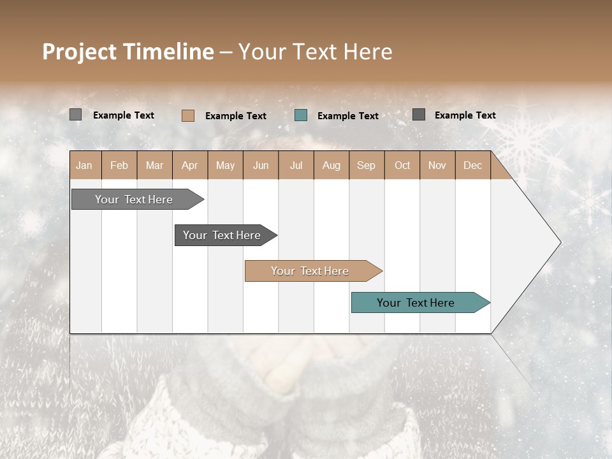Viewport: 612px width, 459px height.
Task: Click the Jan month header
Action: coord(84,165)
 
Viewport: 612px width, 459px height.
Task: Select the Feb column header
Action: coord(119,165)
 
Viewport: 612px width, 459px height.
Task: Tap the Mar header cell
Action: coord(154,165)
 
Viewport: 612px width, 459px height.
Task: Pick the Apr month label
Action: coord(190,165)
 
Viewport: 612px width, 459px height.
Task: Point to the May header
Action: coord(225,165)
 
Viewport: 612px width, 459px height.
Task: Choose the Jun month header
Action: coord(261,165)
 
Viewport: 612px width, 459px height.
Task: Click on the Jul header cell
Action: coord(296,165)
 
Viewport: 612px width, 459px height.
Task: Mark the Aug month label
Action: coord(331,165)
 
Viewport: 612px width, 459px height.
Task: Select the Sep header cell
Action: coord(367,165)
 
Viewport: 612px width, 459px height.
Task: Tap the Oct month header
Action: coord(402,165)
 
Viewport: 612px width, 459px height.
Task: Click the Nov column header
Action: coord(437,165)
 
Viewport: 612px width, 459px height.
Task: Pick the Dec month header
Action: coord(473,165)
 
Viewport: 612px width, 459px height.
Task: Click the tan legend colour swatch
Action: coord(187,115)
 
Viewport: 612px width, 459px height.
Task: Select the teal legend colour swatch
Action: coord(301,115)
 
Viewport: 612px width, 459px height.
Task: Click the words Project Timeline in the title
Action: coord(128,52)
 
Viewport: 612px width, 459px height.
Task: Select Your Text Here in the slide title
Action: coord(315,52)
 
